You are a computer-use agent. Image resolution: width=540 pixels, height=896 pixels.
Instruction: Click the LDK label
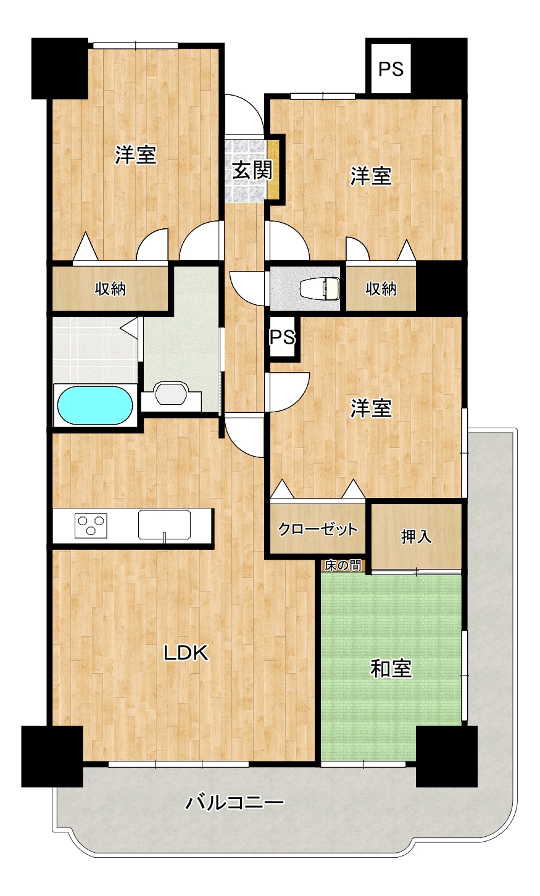point(186,652)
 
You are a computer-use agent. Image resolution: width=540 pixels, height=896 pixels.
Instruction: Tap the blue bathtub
point(95,405)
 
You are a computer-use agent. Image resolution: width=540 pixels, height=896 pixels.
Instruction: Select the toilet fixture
point(320,288)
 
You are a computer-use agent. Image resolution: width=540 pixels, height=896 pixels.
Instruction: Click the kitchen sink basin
point(164,525)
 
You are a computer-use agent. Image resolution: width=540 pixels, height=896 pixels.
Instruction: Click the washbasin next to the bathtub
point(171,394)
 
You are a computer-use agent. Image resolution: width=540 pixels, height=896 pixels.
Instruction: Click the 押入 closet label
point(416,537)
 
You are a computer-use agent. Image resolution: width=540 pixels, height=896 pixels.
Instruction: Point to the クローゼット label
point(318,529)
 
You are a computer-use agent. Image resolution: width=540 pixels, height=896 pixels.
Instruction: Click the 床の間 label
point(343,566)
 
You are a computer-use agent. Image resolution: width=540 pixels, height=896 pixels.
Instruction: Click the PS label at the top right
point(391,69)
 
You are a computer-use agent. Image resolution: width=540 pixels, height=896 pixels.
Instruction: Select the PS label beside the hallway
point(283,337)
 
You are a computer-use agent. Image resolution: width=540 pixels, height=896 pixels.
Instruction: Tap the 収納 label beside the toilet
point(381,288)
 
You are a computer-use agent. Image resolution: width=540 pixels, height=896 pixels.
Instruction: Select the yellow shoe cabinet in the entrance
point(273,170)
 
